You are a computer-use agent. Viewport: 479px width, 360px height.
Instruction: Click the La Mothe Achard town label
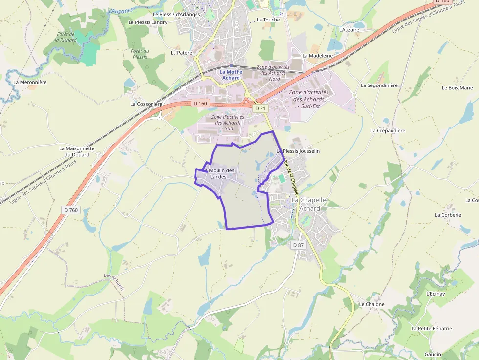[231, 75]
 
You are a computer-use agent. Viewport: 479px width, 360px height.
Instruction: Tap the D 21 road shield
[260, 108]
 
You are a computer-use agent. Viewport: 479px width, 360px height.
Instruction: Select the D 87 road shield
[298, 245]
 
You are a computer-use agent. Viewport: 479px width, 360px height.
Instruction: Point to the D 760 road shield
[71, 210]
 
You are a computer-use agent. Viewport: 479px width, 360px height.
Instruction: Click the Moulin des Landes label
[222, 173]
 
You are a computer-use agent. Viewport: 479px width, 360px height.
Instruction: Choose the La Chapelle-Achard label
[306, 204]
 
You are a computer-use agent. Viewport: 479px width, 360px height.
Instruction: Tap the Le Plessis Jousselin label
[298, 151]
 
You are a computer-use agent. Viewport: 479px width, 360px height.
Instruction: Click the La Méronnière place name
[30, 82]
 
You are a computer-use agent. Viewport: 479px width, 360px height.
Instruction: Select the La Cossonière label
[146, 104]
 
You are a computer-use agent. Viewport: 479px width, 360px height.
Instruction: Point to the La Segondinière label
[379, 85]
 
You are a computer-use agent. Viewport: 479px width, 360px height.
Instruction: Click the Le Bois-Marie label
[457, 88]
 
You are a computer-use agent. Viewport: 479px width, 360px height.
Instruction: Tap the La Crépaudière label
[388, 131]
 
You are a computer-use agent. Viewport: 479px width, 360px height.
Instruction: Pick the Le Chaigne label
[372, 304]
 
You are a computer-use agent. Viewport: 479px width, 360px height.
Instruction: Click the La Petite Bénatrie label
[432, 329]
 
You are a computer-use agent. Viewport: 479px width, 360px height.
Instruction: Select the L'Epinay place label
[435, 294]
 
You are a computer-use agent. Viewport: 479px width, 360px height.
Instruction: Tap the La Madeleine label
[318, 56]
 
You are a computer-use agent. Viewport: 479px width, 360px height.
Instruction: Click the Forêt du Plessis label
[140, 54]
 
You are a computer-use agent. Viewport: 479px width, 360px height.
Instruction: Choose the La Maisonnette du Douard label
[77, 151]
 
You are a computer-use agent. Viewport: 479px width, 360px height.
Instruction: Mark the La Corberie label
[448, 215]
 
